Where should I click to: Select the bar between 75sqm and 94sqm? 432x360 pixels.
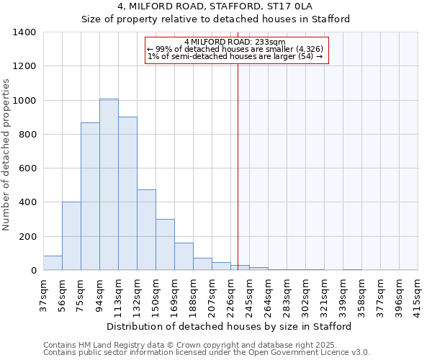click(x=90, y=197)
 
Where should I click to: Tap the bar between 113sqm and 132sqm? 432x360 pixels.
click(x=127, y=194)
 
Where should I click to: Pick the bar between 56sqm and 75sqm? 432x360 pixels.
click(x=71, y=236)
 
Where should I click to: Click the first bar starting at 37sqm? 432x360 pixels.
click(x=53, y=263)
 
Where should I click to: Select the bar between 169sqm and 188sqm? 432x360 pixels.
click(x=184, y=257)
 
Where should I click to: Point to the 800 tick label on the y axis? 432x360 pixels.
click(x=27, y=135)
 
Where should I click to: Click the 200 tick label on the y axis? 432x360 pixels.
click(x=27, y=237)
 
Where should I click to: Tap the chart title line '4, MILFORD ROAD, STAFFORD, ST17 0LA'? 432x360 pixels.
click(x=215, y=6)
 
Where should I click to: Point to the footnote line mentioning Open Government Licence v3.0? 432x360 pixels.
click(x=207, y=353)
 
